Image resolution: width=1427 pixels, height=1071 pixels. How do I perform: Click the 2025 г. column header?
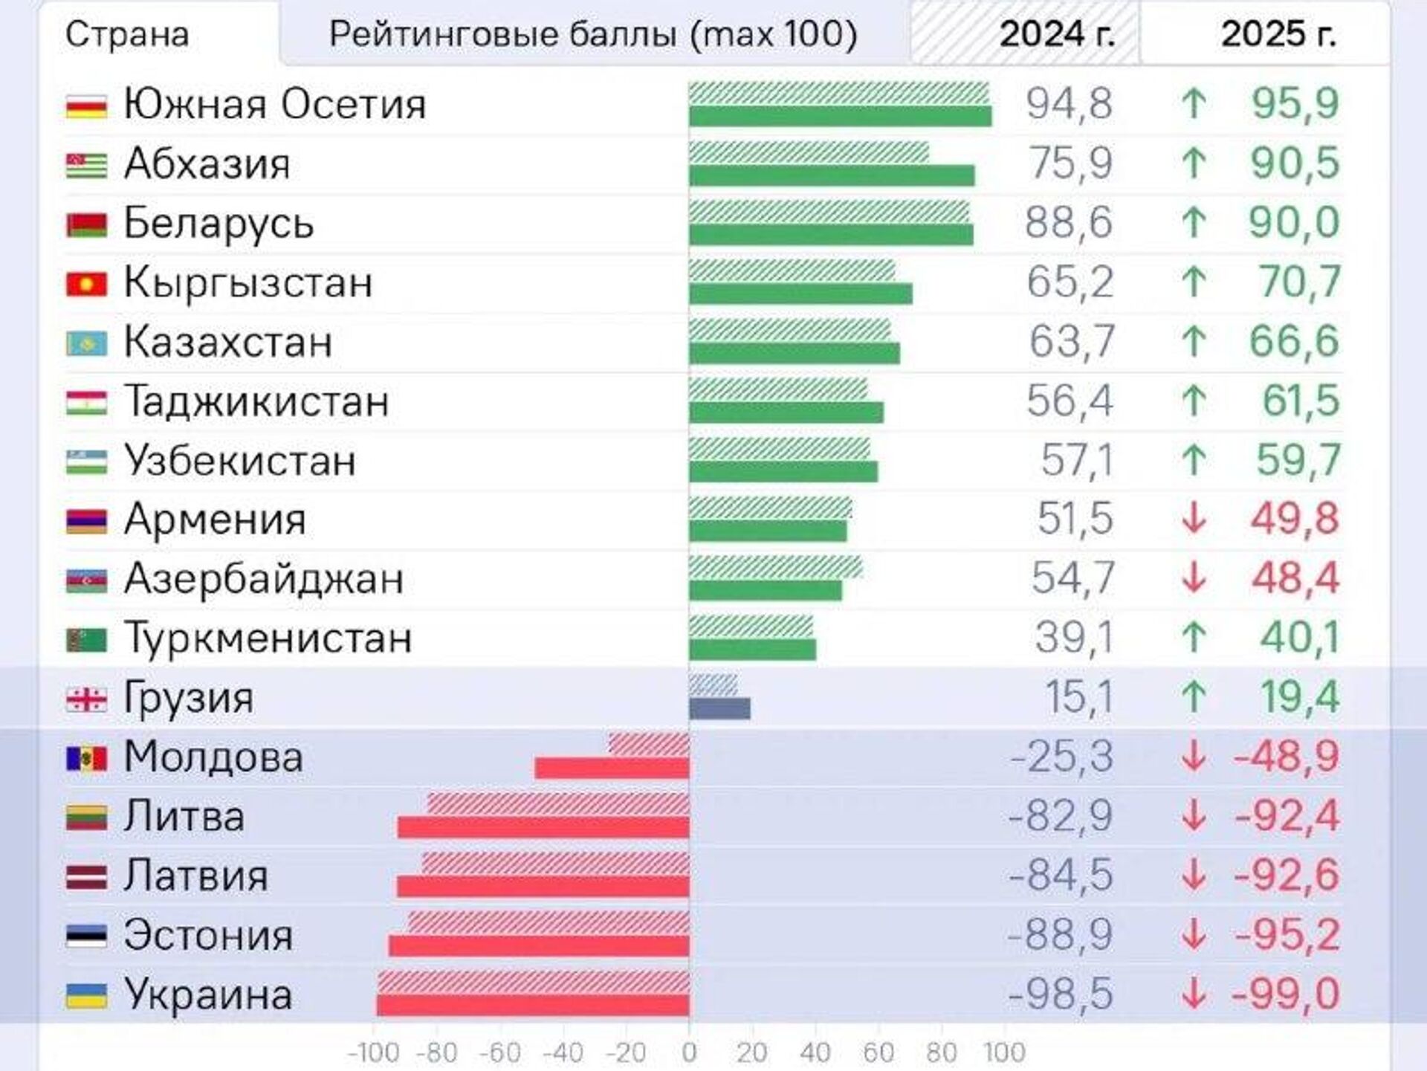click(1278, 34)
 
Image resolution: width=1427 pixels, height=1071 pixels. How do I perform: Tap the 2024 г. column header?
click(1057, 34)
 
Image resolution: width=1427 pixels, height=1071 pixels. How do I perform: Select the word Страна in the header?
click(127, 35)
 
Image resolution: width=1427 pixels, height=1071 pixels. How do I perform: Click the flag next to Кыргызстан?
click(86, 284)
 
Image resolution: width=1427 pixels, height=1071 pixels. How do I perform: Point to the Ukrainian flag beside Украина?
click(86, 996)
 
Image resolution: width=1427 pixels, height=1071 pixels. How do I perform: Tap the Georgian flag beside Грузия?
click(86, 699)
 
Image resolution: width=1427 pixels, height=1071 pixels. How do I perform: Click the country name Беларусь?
click(219, 223)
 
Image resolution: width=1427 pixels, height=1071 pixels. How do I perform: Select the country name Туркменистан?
click(268, 638)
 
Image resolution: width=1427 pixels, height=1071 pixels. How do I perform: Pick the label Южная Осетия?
click(275, 104)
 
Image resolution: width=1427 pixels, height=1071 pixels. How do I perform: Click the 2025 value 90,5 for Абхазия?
click(1295, 163)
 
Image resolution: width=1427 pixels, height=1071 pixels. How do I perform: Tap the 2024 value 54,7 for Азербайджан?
click(1072, 578)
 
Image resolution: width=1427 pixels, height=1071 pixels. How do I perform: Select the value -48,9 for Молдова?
click(1287, 757)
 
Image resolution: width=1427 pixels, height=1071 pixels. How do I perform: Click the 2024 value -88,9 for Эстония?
click(1060, 935)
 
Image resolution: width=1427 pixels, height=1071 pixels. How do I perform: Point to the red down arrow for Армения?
click(1194, 519)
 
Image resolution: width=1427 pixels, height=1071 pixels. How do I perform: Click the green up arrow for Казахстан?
click(1194, 341)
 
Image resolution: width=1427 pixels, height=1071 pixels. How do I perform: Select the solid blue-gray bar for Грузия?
click(719, 708)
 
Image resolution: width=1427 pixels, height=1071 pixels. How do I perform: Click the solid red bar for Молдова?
click(612, 768)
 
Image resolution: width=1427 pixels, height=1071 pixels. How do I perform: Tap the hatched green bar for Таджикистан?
click(777, 389)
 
